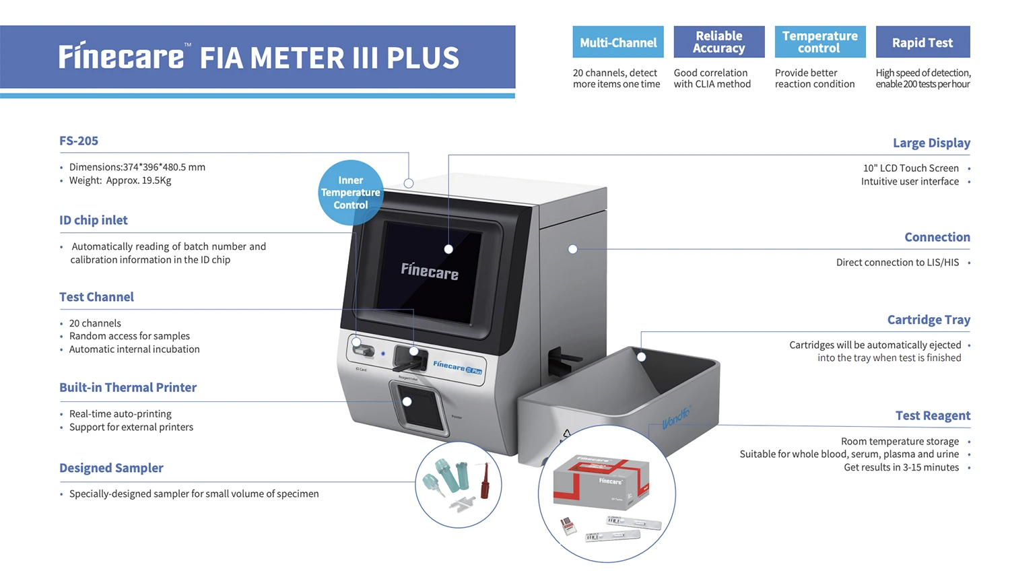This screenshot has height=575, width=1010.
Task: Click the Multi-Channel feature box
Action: click(618, 42)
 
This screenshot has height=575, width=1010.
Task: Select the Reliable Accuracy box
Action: click(719, 42)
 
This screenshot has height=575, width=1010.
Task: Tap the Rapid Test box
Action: click(922, 42)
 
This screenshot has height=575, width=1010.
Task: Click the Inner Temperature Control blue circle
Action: click(350, 193)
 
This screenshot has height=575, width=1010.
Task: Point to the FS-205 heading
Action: click(79, 141)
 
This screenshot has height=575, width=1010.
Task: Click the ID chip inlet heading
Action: click(94, 221)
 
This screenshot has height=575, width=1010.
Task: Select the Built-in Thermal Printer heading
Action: click(128, 388)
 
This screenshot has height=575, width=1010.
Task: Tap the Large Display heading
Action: click(931, 143)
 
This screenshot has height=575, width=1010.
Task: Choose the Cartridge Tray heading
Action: click(929, 320)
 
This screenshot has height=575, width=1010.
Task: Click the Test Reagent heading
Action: click(933, 416)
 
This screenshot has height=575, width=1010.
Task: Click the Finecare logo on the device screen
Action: click(430, 271)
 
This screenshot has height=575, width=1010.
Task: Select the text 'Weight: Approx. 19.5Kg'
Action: click(121, 180)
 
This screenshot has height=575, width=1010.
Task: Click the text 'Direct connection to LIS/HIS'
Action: click(897, 263)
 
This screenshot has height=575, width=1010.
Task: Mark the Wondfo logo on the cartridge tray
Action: click(675, 418)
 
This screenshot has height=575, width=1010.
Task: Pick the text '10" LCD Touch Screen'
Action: click(910, 168)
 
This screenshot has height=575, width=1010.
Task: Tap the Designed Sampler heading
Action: click(111, 469)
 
